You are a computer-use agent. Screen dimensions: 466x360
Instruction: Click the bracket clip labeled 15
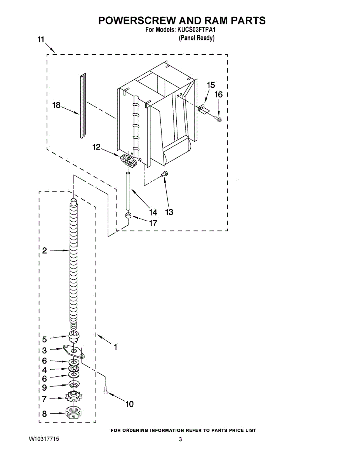click(203, 109)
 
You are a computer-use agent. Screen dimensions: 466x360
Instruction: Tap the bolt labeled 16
click(219, 119)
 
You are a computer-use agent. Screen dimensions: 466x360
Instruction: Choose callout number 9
click(44, 387)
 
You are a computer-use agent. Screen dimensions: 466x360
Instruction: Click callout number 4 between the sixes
click(44, 370)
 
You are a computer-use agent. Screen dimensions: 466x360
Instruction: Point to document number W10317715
click(44, 439)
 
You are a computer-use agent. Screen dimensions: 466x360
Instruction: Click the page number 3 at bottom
click(180, 439)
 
